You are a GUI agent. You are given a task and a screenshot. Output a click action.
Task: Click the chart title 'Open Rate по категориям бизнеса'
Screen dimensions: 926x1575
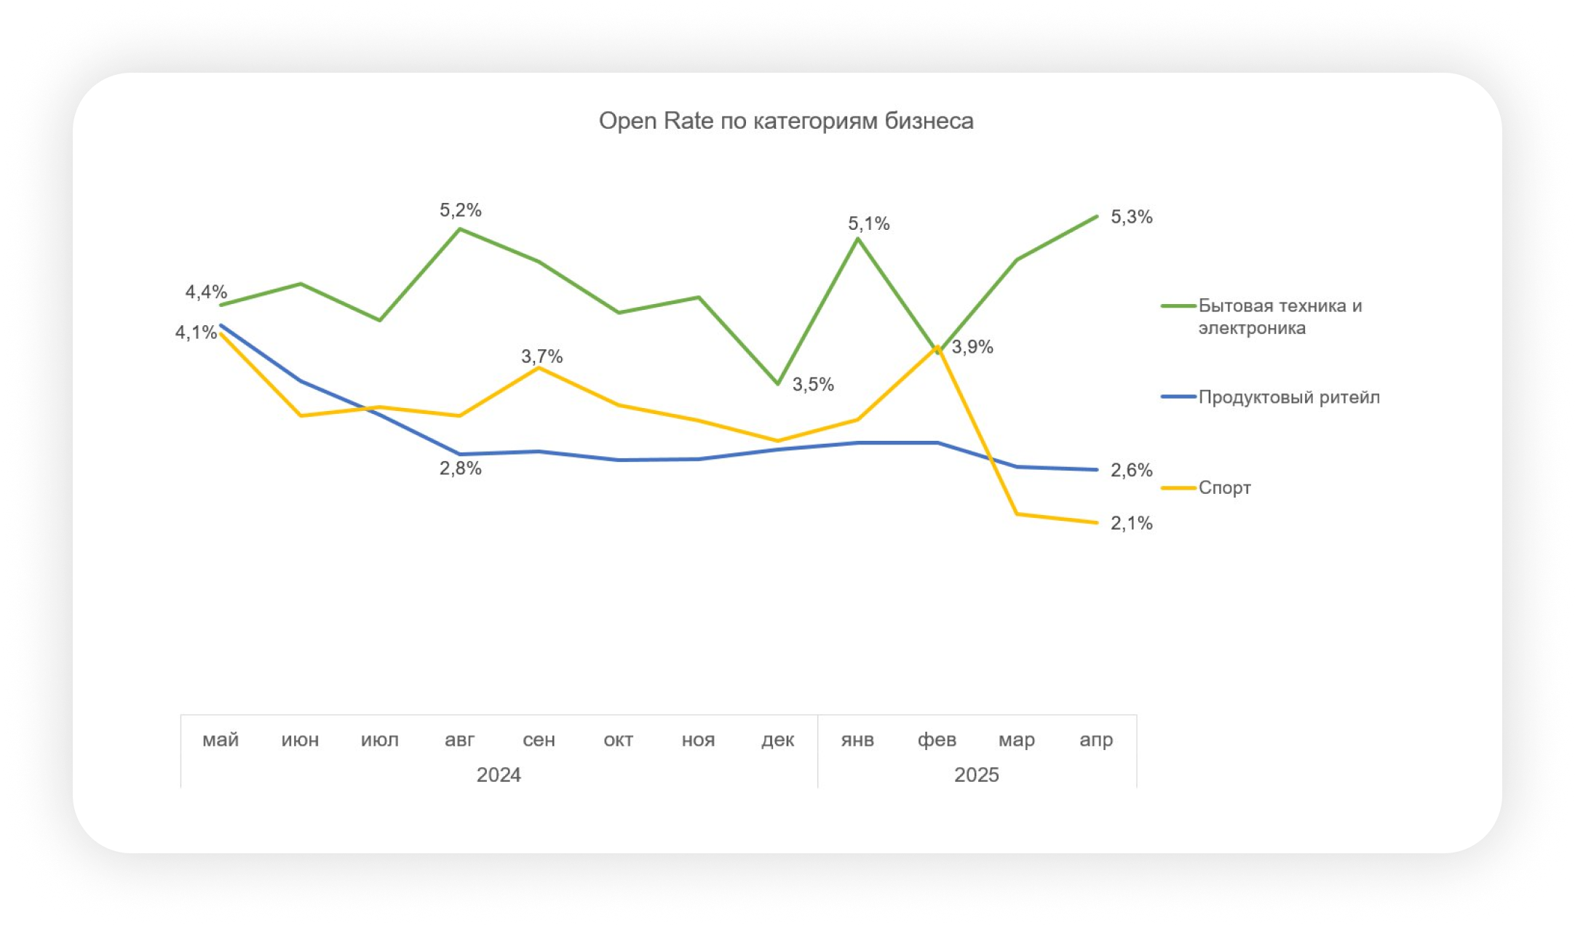click(x=786, y=121)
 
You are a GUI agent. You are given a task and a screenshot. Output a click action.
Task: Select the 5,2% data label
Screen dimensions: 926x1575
click(x=460, y=210)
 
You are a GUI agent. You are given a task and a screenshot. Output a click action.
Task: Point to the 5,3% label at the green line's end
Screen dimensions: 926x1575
click(x=1131, y=217)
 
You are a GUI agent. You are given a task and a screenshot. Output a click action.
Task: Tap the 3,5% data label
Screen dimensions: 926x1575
click(x=813, y=384)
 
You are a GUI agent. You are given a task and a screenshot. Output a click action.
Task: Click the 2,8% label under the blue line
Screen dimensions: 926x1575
click(x=460, y=468)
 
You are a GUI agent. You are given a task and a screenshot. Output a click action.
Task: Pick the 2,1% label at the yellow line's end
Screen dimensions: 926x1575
click(x=1131, y=523)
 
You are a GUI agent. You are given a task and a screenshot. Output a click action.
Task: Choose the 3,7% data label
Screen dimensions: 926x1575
click(x=541, y=356)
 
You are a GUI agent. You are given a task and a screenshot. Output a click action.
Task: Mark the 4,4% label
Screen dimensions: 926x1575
click(x=206, y=292)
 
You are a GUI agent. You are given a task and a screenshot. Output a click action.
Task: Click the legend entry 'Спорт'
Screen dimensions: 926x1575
click(x=1224, y=487)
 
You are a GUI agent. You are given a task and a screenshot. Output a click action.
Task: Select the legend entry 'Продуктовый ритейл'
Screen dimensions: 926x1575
click(x=1288, y=397)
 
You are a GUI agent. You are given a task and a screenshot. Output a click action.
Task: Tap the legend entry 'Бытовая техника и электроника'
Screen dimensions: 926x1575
click(x=1280, y=316)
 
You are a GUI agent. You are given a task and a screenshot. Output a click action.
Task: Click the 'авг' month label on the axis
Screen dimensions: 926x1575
click(x=459, y=740)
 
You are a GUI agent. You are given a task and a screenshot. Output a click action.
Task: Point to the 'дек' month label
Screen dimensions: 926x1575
click(x=777, y=740)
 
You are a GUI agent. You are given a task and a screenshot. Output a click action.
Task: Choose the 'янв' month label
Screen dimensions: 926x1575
click(x=857, y=740)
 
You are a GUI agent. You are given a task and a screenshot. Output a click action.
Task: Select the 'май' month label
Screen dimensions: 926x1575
click(x=221, y=740)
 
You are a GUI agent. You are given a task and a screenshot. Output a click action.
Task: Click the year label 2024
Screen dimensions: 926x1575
click(x=499, y=775)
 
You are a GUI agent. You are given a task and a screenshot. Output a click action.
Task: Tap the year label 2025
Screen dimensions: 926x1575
click(x=976, y=775)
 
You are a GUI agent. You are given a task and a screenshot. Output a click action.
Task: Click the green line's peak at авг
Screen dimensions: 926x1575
click(x=459, y=229)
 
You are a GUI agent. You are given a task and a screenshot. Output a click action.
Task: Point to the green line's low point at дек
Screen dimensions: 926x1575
click(x=778, y=383)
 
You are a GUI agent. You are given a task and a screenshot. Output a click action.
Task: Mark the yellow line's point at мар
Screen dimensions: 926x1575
click(x=1017, y=514)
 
